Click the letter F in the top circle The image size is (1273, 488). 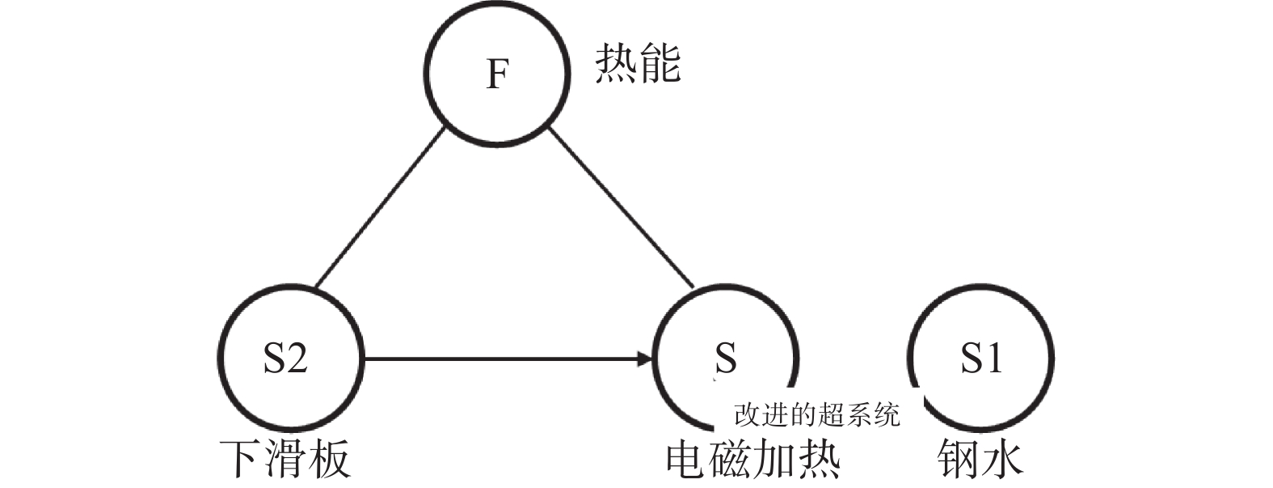(x=497, y=74)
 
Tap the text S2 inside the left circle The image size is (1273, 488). (x=285, y=357)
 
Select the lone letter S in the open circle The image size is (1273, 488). (x=725, y=357)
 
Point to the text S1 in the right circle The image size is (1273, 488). (x=980, y=357)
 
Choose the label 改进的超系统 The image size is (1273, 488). (x=816, y=415)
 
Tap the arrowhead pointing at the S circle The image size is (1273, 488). (x=645, y=358)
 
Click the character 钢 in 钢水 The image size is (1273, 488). (x=959, y=459)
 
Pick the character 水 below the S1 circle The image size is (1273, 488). (x=1002, y=459)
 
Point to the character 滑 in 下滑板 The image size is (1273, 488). (x=285, y=459)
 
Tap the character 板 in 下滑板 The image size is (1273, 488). (x=329, y=459)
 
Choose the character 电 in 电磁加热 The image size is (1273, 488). (x=688, y=459)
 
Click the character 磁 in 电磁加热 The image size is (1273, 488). (x=731, y=459)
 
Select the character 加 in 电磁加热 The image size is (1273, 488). (x=775, y=459)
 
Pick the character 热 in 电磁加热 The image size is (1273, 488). (x=819, y=459)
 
